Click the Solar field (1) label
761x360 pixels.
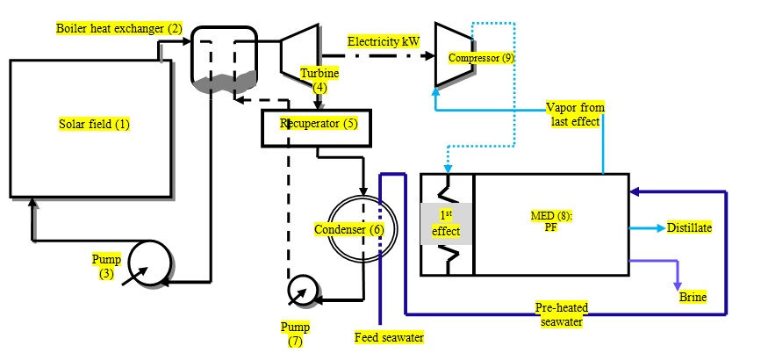click(94, 125)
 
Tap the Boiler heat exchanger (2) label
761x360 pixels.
click(118, 29)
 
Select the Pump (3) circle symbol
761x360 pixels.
click(150, 263)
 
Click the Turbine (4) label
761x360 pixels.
click(319, 81)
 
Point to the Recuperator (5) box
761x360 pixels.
click(317, 128)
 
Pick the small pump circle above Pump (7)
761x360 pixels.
click(302, 291)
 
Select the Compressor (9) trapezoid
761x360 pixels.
click(455, 54)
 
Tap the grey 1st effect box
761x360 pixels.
click(446, 224)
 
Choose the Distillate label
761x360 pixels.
click(690, 228)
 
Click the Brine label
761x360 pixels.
click(693, 297)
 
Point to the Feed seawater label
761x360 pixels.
click(389, 336)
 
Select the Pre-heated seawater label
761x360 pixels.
click(562, 314)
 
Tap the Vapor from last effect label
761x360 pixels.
click(575, 115)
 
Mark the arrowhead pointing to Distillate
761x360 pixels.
click(660, 228)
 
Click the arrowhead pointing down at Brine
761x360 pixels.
click(678, 285)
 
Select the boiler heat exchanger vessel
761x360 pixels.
click(224, 61)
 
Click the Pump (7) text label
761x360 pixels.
click(295, 335)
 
